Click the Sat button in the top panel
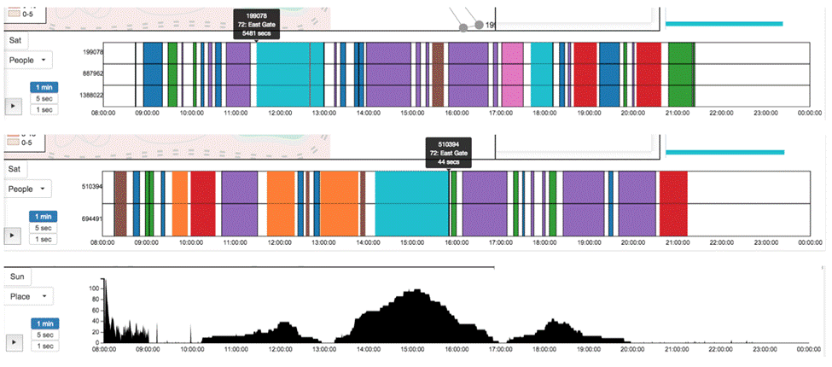pyautogui.click(x=15, y=40)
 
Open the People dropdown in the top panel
pyautogui.click(x=28, y=60)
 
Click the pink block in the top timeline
pyautogui.click(x=512, y=74)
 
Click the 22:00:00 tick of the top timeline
pyautogui.click(x=720, y=111)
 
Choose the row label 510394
pyautogui.click(x=92, y=186)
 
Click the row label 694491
pyautogui.click(x=92, y=219)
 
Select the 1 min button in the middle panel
pyautogui.click(x=44, y=217)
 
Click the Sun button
pyautogui.click(x=16, y=277)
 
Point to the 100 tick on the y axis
pyautogui.click(x=94, y=288)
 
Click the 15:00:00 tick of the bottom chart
pyautogui.click(x=413, y=349)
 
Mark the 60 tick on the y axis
pyautogui.click(x=96, y=311)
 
